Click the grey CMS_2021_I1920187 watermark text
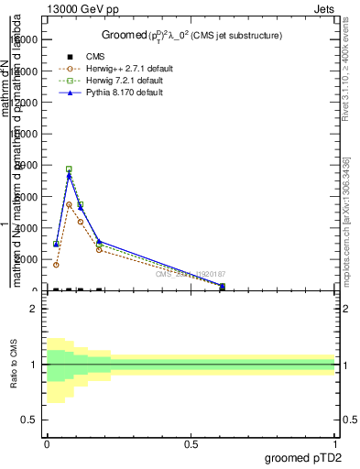click(190, 274)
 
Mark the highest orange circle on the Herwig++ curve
click(69, 204)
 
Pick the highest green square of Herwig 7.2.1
click(69, 169)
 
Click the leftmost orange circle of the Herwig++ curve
click(57, 265)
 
